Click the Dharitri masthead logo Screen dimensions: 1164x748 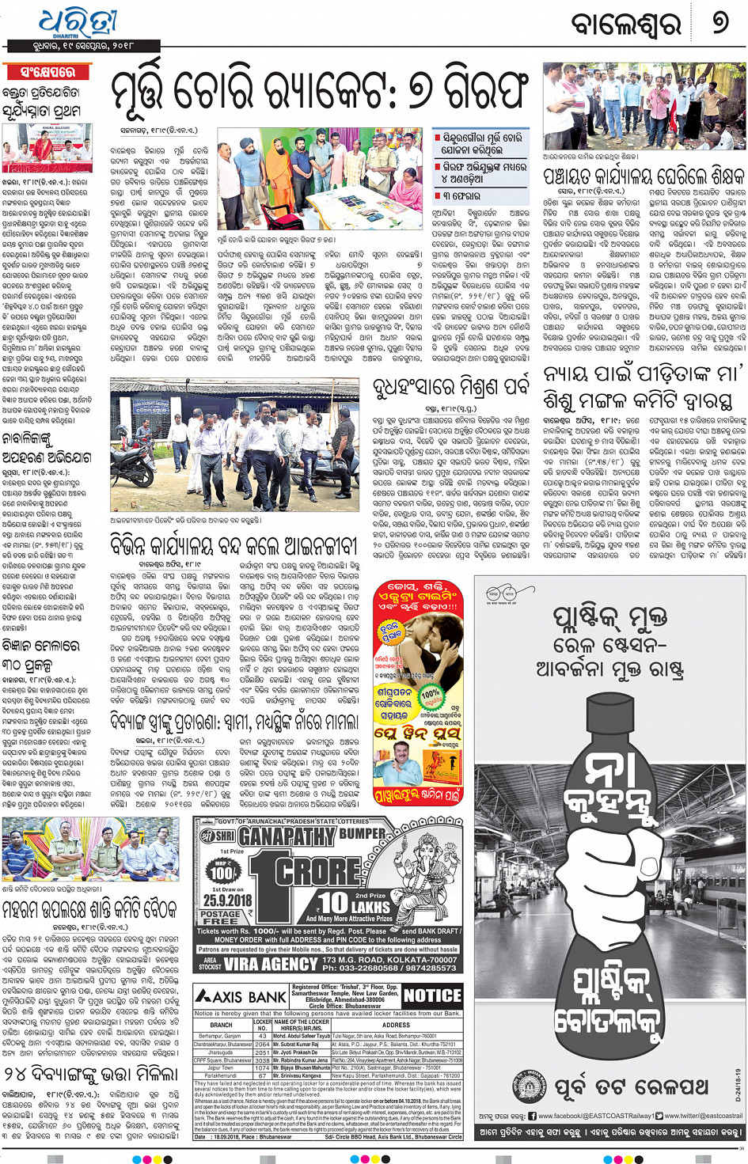click(x=78, y=24)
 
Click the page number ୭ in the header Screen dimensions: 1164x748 click(x=719, y=23)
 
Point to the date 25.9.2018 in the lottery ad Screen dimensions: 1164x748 click(x=227, y=900)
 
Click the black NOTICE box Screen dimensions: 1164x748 click(x=431, y=995)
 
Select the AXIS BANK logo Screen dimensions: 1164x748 click(x=241, y=997)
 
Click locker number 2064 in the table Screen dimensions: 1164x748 click(x=262, y=1044)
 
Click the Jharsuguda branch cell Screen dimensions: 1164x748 click(x=222, y=1052)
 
